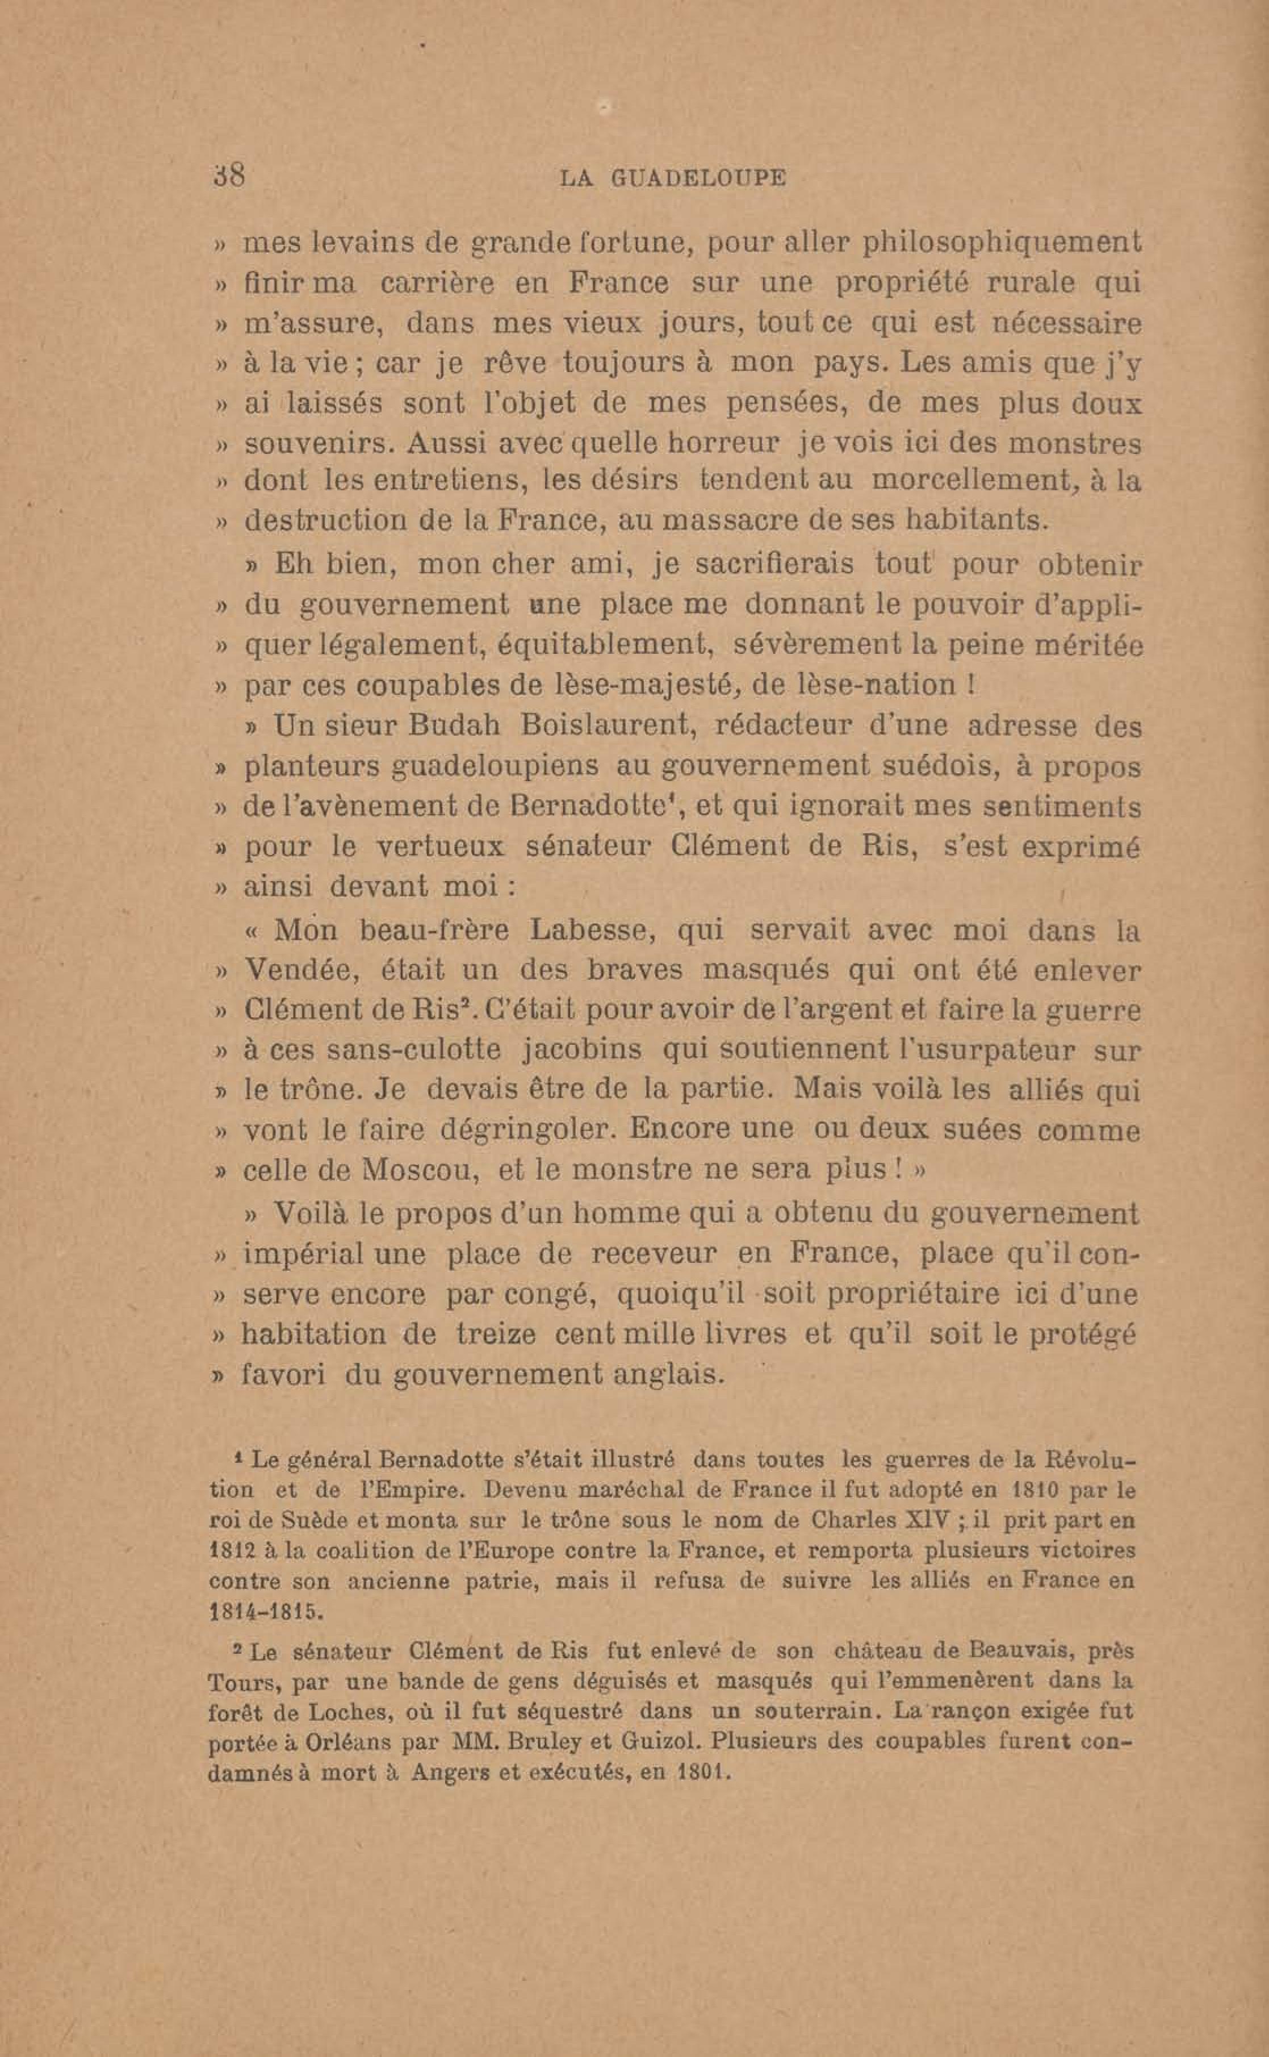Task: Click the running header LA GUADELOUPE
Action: [x=672, y=178]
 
